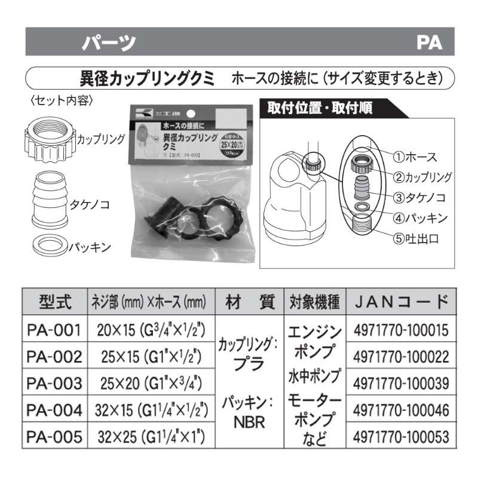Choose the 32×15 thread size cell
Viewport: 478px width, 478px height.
pyautogui.click(x=151, y=410)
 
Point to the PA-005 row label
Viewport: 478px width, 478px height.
pyautogui.click(x=54, y=437)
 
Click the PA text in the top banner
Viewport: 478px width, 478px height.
pyautogui.click(x=429, y=43)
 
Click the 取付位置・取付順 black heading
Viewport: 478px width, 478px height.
pyautogui.click(x=320, y=109)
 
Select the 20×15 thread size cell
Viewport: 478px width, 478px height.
pyautogui.click(x=151, y=330)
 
